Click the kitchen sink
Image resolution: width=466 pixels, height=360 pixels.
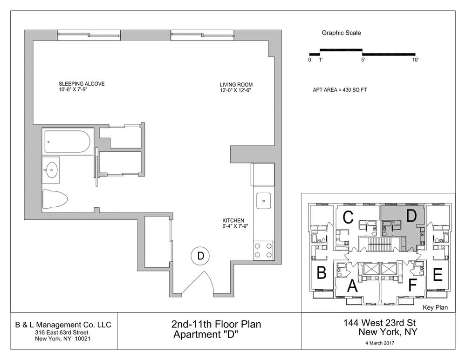(264, 201)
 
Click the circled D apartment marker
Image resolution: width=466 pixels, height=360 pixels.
(200, 255)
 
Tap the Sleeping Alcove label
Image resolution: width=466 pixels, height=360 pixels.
(78, 84)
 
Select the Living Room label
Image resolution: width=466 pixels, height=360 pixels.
(236, 85)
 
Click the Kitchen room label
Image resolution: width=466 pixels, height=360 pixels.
(233, 221)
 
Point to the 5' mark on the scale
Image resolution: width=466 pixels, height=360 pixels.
(363, 60)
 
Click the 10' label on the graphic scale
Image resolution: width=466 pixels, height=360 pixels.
(415, 60)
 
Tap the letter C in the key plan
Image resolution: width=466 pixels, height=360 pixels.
(347, 217)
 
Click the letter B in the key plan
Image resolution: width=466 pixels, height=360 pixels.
(321, 273)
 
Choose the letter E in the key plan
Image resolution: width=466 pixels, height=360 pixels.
(437, 275)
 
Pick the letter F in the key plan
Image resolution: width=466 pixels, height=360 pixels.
(412, 285)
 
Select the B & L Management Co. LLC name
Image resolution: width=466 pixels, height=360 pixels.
(63, 324)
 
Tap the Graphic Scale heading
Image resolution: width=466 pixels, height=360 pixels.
(341, 33)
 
